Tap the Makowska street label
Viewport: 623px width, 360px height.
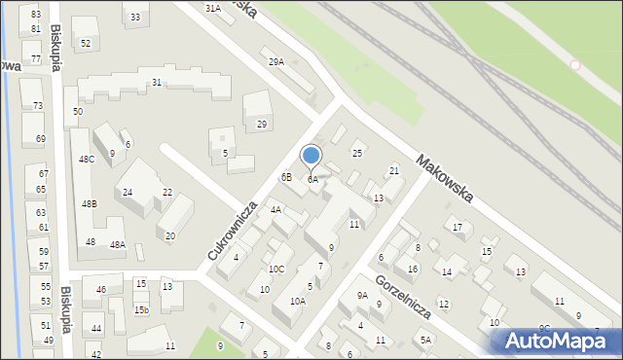click(x=443, y=179)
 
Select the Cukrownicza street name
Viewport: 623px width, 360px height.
click(x=232, y=231)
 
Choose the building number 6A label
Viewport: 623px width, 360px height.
click(x=312, y=180)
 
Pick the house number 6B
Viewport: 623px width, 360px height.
click(x=286, y=177)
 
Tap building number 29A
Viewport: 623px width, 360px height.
click(x=276, y=62)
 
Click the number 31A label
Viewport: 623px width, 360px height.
click(x=212, y=8)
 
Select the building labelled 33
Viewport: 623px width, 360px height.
click(x=134, y=18)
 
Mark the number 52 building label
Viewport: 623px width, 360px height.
click(x=86, y=44)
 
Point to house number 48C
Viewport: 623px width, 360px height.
click(x=87, y=159)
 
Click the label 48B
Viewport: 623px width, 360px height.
click(x=90, y=204)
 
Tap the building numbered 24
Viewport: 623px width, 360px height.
click(x=128, y=192)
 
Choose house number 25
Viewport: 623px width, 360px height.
click(x=357, y=154)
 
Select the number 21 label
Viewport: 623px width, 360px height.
click(x=394, y=171)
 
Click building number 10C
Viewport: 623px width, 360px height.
click(x=276, y=270)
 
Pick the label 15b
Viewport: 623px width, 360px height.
click(x=141, y=309)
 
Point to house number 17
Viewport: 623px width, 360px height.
click(x=458, y=228)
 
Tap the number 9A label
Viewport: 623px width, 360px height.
click(x=361, y=296)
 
